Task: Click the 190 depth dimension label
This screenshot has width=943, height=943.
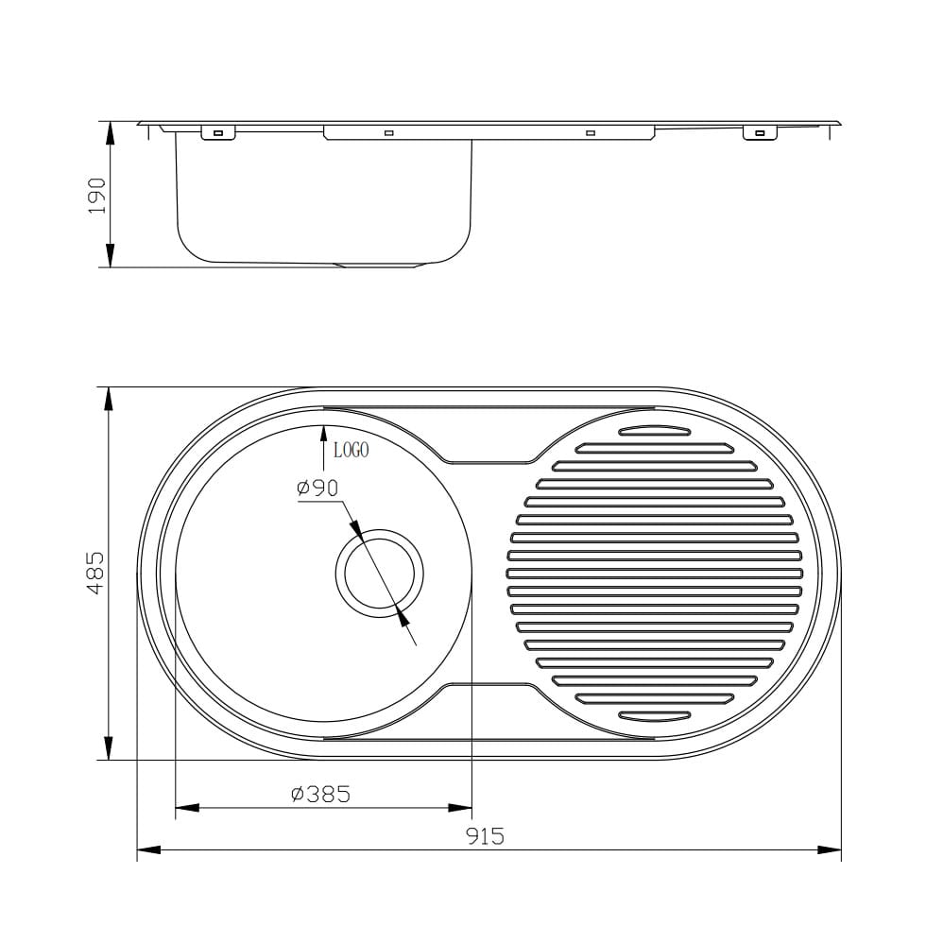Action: (x=96, y=196)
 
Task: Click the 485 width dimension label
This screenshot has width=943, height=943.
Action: (x=96, y=574)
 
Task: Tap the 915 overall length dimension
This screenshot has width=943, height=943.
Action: (x=485, y=835)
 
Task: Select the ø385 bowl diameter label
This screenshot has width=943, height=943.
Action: (x=320, y=794)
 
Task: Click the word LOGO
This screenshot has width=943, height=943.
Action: (x=351, y=450)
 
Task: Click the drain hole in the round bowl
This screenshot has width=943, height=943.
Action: (x=380, y=574)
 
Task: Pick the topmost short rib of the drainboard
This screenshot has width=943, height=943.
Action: (x=655, y=430)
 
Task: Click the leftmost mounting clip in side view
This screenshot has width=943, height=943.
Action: (x=218, y=133)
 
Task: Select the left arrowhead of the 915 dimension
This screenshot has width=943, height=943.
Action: (x=149, y=849)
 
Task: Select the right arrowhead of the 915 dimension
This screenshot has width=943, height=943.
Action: (x=830, y=849)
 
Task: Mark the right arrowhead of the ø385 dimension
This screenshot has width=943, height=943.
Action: (x=460, y=808)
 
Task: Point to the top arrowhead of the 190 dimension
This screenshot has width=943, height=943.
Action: (x=110, y=133)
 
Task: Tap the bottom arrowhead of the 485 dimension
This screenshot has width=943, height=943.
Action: (x=109, y=748)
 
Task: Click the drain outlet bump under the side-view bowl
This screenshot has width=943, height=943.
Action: (x=379, y=266)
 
